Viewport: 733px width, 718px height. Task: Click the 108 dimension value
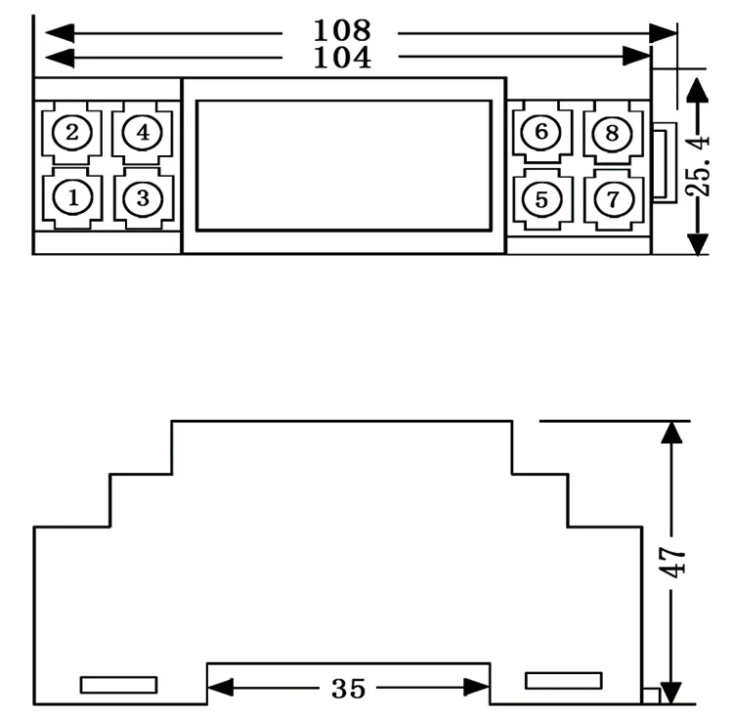tap(342, 30)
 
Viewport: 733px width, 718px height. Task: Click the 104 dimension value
tap(342, 58)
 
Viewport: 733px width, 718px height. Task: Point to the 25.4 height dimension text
tap(698, 166)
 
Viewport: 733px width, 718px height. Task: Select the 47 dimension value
tap(672, 563)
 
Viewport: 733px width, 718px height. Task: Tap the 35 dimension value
tap(348, 689)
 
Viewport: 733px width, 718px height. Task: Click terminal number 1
tap(72, 198)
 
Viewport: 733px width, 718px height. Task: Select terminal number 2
tap(72, 132)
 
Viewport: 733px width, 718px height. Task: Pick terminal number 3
tap(143, 199)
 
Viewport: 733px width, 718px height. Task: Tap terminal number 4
tap(143, 133)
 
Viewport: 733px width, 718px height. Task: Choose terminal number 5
tap(541, 200)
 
